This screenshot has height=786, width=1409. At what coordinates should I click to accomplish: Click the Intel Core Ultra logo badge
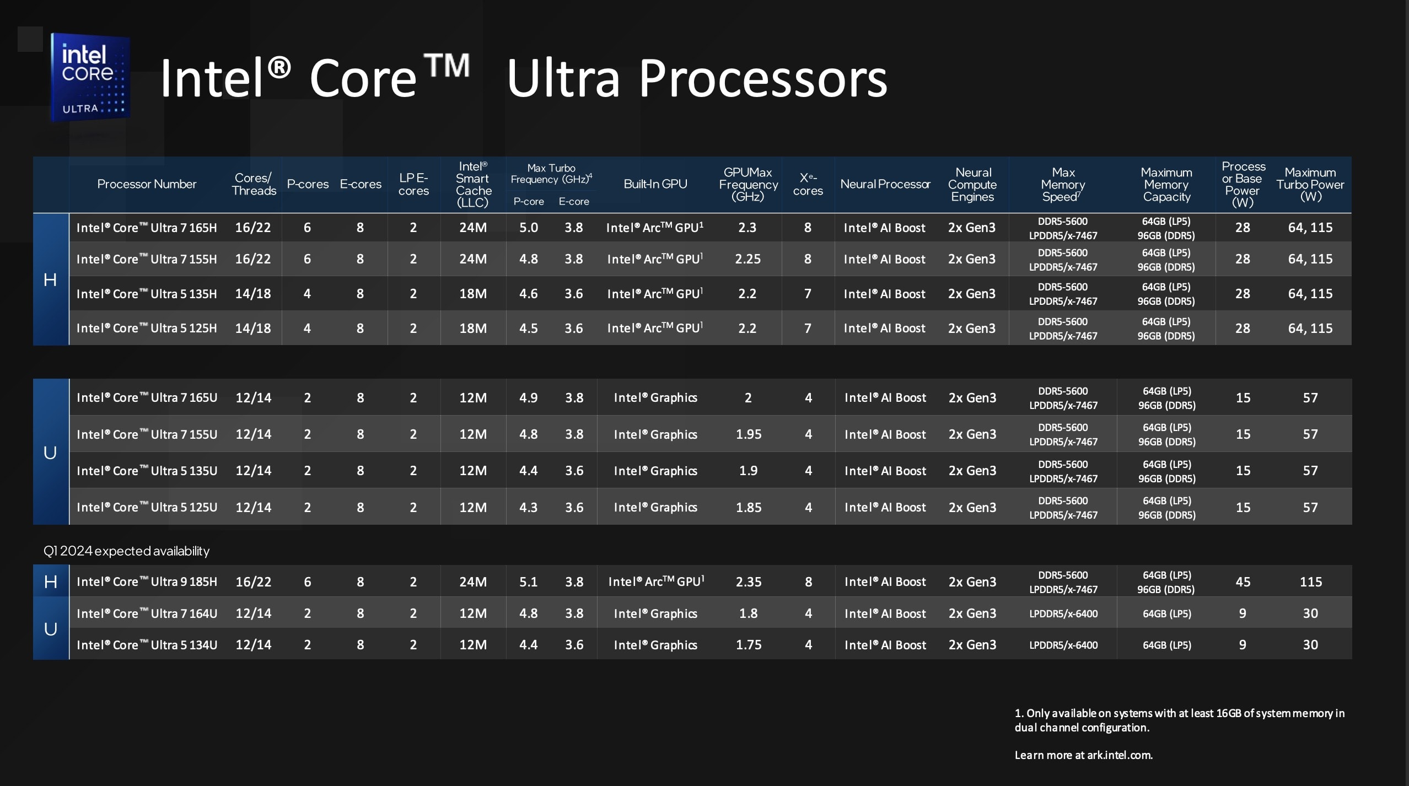[90, 77]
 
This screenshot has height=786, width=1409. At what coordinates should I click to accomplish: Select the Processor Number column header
[147, 184]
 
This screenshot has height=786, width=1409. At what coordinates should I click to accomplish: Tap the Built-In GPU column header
[655, 184]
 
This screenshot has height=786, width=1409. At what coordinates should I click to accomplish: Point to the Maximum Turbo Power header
[1310, 185]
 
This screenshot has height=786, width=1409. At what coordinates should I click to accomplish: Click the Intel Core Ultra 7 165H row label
[147, 228]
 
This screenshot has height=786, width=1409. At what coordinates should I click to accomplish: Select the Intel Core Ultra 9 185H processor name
[147, 582]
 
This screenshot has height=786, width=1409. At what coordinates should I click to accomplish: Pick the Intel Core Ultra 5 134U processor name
[147, 645]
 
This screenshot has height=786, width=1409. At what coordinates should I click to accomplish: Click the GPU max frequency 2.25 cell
[747, 259]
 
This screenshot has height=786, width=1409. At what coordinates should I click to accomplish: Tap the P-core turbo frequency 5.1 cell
[528, 582]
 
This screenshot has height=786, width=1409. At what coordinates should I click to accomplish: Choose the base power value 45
[1243, 582]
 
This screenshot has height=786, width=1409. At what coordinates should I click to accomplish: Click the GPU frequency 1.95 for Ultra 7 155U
[749, 434]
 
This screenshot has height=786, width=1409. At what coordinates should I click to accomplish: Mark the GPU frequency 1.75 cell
[749, 645]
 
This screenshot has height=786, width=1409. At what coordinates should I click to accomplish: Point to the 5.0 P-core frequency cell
[528, 228]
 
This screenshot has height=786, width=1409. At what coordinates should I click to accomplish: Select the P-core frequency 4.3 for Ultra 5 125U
[528, 508]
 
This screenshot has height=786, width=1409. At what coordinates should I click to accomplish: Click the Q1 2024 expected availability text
[126, 551]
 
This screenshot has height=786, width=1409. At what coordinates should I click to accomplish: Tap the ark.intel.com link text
[1119, 755]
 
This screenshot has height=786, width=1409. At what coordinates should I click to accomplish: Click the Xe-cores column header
[808, 184]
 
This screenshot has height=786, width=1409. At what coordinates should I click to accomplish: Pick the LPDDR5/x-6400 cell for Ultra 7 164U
[1063, 613]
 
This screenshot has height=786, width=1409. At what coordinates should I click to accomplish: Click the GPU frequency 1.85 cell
[749, 508]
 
